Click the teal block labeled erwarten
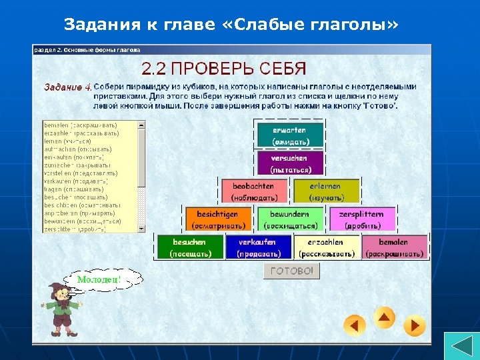(289, 135)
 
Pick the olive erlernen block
(325, 192)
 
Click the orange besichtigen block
(217, 219)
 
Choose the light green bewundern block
(289, 219)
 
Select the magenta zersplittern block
(362, 219)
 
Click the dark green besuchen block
(189, 247)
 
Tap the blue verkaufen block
(257, 247)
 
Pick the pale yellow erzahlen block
(326, 247)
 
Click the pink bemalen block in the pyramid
(394, 247)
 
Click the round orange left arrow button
(355, 325)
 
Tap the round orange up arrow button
(385, 318)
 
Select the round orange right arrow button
(414, 325)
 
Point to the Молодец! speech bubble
(99, 280)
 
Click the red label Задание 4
(67, 87)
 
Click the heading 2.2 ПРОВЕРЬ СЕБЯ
(223, 68)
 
